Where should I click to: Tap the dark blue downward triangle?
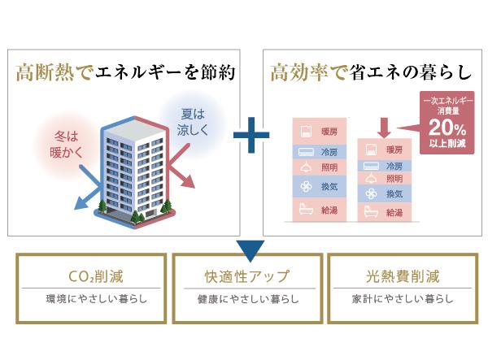click(251, 248)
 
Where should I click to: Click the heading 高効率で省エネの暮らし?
click(370, 73)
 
